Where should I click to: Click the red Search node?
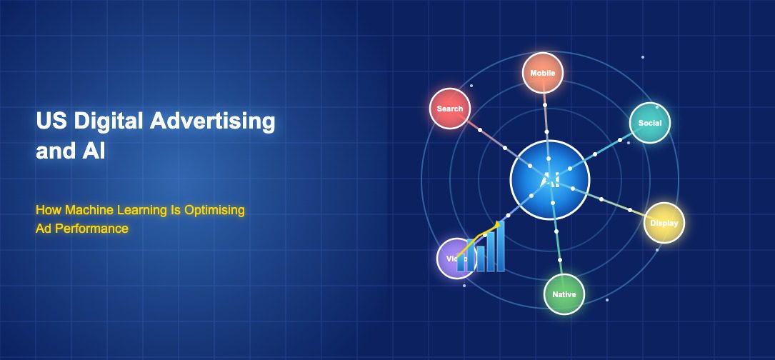pyautogui.click(x=450, y=109)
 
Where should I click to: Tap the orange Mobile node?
pyautogui.click(x=543, y=73)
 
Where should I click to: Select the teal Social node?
pyautogui.click(x=650, y=123)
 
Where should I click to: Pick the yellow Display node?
pyautogui.click(x=664, y=223)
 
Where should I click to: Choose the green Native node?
pyautogui.click(x=564, y=294)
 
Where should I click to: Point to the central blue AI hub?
pyautogui.click(x=549, y=180)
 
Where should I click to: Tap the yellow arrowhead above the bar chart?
pyautogui.click(x=497, y=225)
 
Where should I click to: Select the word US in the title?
pyautogui.click(x=48, y=121)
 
